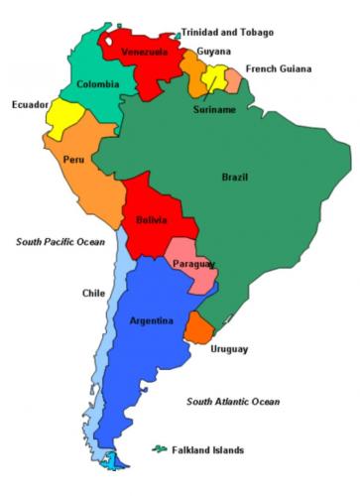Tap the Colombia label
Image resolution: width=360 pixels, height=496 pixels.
pos(97,84)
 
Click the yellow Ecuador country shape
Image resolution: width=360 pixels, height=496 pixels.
pos(60,117)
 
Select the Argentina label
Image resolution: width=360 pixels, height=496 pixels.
pos(152,320)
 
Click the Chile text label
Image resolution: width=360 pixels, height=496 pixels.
pos(93,293)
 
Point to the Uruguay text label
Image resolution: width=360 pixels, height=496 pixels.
pos(229,349)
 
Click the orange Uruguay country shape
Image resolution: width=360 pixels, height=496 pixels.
pos(201,327)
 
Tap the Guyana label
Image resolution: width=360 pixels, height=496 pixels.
pos(214,51)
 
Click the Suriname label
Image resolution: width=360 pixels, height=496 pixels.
pos(214,109)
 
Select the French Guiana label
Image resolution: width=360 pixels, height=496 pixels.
pos(279,68)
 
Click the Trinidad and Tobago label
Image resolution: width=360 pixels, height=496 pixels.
pos(227,32)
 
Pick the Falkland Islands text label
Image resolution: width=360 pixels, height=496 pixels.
pos(208,449)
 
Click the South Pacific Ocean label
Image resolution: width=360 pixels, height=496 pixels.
pos(60,241)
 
